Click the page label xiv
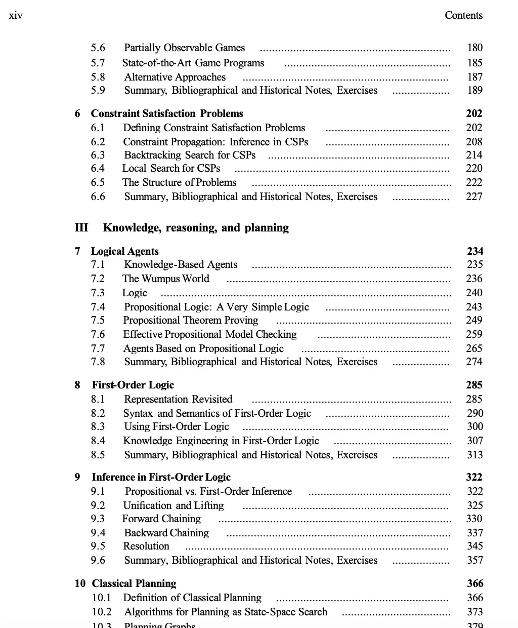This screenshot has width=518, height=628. click(x=16, y=15)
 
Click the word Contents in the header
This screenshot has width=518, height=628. click(x=463, y=15)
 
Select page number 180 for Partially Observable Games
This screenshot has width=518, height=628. click(x=475, y=48)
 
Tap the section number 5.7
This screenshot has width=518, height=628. click(x=98, y=63)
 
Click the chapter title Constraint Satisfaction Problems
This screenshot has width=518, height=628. click(x=167, y=113)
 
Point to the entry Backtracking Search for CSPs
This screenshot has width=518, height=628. click(x=190, y=155)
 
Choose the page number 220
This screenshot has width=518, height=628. click(x=474, y=168)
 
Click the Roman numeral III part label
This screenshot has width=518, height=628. click(x=81, y=227)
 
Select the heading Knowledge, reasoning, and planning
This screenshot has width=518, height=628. click(x=196, y=227)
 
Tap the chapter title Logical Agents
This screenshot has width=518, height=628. click(x=125, y=251)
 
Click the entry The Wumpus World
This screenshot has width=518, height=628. click(x=165, y=279)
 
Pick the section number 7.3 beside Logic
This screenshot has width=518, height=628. click(x=98, y=293)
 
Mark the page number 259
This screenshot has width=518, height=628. click(x=474, y=334)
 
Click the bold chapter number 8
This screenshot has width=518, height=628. click(x=77, y=385)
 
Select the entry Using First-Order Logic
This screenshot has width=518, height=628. click(x=177, y=426)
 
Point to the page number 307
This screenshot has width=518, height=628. click(x=475, y=441)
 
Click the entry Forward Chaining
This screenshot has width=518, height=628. click(x=161, y=519)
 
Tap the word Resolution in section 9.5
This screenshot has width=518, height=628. click(x=146, y=546)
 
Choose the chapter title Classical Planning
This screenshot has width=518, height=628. click(x=134, y=583)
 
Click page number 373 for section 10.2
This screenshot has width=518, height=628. click(x=475, y=612)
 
